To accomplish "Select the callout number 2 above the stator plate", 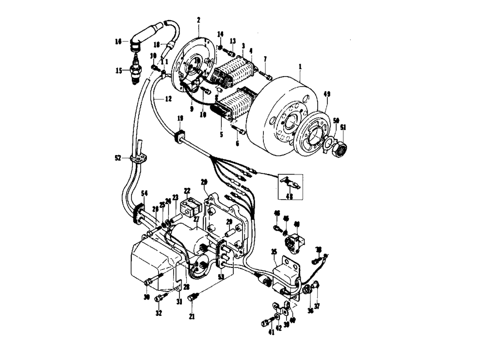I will [198, 20].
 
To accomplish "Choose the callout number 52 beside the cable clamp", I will [118, 158].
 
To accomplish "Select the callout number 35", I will [274, 251].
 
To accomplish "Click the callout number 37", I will [317, 306].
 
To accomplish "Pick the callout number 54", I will [144, 193].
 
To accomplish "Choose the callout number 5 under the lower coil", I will [221, 134].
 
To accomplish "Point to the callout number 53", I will [221, 277].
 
